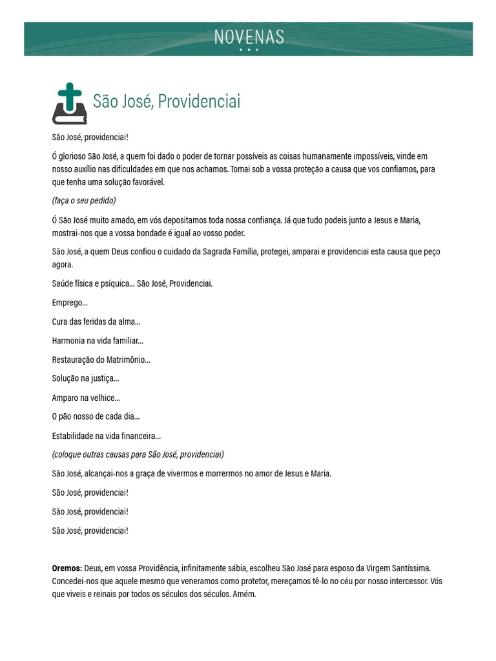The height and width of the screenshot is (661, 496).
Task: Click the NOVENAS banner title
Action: pos(249,37)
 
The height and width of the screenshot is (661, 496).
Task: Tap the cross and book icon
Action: pos(69,104)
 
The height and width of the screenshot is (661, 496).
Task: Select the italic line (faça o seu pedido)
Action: pos(84,201)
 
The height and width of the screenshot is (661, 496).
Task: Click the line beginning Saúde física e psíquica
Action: pos(132,283)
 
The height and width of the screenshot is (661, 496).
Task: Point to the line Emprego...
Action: pos(70,303)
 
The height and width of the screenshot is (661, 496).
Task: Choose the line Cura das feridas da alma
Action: pos(96,321)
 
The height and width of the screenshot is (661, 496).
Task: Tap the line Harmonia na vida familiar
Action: pos(98,340)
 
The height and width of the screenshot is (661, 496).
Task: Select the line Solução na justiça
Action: pos(85,378)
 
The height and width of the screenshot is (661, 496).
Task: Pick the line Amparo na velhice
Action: pos(86,398)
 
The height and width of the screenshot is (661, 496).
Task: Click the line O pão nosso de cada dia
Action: pos(96,416)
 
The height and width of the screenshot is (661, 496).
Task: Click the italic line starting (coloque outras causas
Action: pos(138,454)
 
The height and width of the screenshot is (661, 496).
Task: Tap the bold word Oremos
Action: pos(67,568)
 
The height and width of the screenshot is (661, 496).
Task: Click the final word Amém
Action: pos(245,594)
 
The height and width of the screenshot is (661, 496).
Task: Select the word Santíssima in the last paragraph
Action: pos(408,568)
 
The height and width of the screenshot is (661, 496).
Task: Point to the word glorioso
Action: pos(77,156)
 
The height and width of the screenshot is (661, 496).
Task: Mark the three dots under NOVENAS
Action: pos(249,50)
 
